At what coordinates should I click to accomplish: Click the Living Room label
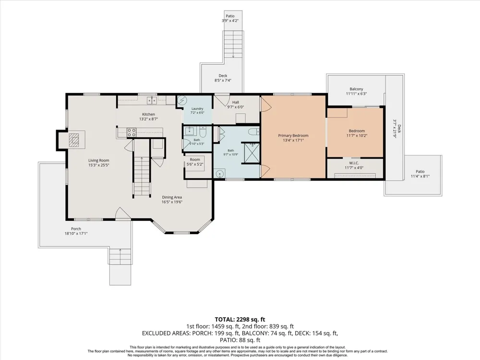[98, 160]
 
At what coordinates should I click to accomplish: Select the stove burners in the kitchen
[132, 132]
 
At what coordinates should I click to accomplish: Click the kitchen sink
[152, 100]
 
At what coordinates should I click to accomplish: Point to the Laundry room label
[197, 108]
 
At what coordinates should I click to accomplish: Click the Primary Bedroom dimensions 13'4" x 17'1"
[293, 141]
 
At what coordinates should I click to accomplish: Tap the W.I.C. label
[354, 163]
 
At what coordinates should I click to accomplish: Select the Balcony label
[356, 89]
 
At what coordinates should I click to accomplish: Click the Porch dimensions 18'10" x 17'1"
[76, 234]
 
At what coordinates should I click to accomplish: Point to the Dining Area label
[172, 197]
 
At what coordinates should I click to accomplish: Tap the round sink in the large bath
[219, 174]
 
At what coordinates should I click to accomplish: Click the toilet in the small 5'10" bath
[203, 132]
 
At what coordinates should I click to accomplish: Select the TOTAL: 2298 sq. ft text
[240, 320]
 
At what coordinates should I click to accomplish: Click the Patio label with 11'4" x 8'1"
[420, 172]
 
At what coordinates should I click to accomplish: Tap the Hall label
[235, 102]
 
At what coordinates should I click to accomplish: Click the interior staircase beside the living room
[142, 177]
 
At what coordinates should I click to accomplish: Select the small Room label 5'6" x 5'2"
[195, 159]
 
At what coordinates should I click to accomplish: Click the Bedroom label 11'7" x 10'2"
[357, 131]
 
